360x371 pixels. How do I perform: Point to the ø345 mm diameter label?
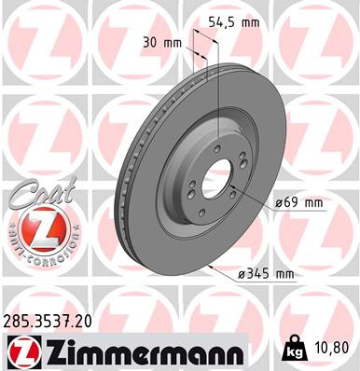pyautogui.click(x=266, y=273)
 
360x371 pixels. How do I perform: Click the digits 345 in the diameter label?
pyautogui.click(x=264, y=273)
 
